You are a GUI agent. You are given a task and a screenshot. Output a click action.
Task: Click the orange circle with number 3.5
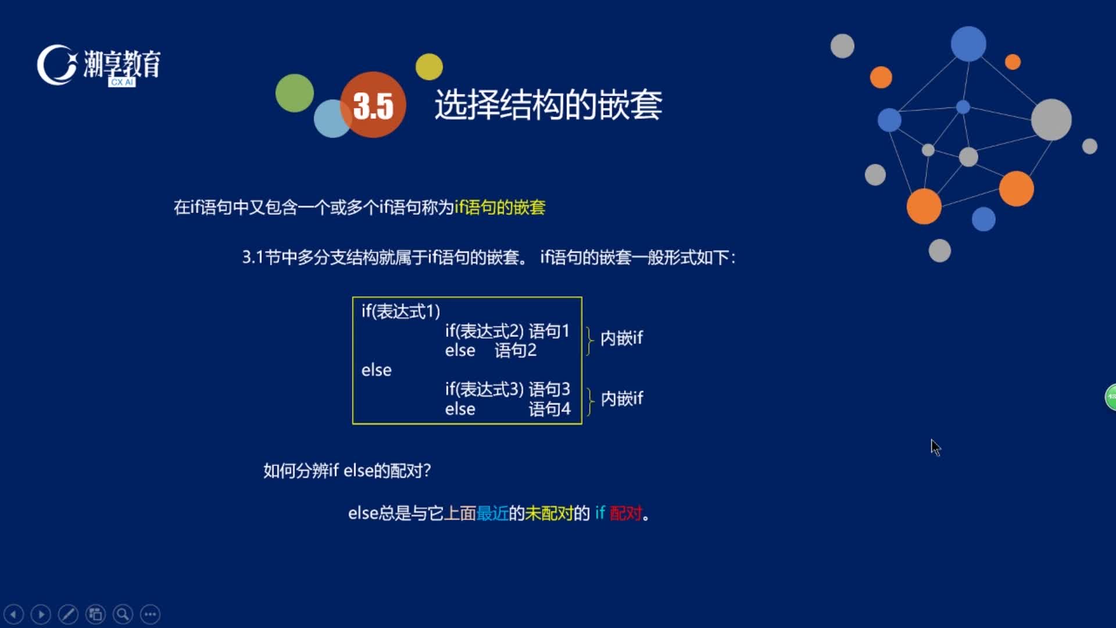pos(373,105)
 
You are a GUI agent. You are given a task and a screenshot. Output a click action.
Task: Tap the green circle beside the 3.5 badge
pos(295,93)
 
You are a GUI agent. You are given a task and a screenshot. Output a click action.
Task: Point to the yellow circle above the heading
pos(429,67)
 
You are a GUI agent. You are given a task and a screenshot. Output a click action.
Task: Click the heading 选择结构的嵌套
pos(548,105)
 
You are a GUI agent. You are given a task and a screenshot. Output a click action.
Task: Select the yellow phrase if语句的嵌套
pos(500,208)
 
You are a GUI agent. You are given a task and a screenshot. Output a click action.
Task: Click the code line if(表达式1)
pos(401,311)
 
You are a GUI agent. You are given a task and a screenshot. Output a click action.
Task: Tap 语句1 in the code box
pos(549,331)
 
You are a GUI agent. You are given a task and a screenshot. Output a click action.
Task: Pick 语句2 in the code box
pos(516,350)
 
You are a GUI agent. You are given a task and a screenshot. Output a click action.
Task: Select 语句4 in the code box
pos(549,409)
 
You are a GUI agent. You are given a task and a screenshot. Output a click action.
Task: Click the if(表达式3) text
pos(485,389)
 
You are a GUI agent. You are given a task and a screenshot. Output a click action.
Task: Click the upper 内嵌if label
pos(622,338)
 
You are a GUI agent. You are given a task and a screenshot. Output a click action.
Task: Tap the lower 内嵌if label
pos(622,398)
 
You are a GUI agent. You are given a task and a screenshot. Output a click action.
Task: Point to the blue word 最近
pos(492,513)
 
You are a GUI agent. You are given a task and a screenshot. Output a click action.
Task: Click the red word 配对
pos(626,513)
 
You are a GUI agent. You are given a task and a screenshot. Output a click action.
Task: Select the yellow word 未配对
pos(549,513)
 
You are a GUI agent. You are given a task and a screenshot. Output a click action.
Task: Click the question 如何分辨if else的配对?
pos(347,470)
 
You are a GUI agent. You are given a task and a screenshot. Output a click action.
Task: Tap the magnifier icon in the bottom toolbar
pos(123,614)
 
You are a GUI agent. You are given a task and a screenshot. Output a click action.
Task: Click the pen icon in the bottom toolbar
pos(68,614)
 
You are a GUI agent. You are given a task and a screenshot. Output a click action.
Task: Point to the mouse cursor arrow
pos(935,448)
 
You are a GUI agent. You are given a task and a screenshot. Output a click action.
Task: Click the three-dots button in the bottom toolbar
pos(150,614)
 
